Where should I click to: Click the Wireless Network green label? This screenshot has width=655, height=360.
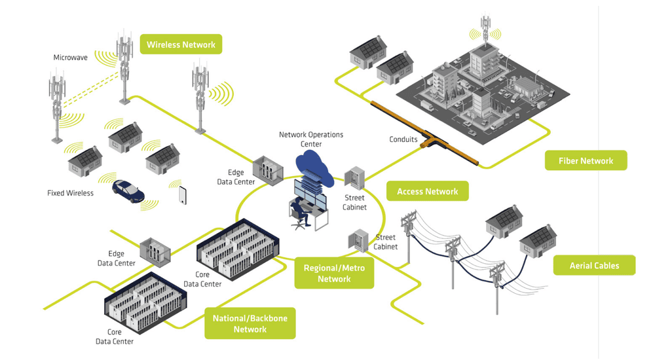click(181, 45)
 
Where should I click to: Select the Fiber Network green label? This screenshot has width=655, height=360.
click(586, 161)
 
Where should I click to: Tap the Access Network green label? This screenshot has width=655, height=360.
click(427, 192)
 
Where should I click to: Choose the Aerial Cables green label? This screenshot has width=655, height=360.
click(594, 265)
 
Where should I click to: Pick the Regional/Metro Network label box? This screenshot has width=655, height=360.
click(334, 274)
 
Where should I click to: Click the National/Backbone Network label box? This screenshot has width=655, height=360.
click(250, 323)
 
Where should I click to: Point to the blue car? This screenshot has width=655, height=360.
click(128, 190)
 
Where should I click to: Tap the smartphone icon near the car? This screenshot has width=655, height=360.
click(182, 195)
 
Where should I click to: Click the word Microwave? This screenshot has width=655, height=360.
click(70, 58)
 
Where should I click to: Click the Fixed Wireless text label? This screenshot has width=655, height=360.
click(70, 193)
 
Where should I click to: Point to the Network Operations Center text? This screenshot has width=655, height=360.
click(311, 139)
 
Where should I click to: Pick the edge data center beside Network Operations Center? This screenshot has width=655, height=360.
click(267, 170)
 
